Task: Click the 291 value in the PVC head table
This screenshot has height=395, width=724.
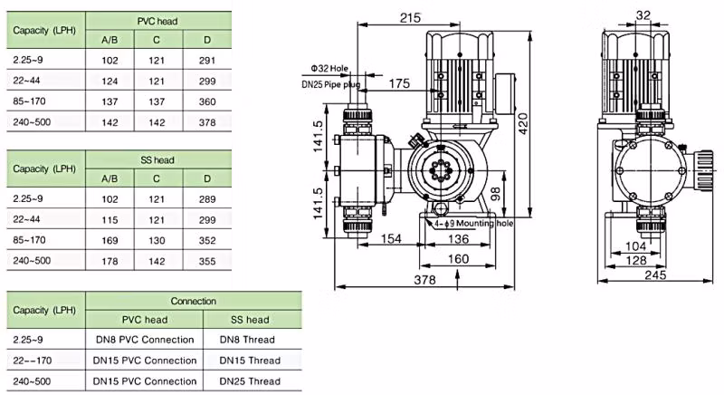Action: [x=207, y=59]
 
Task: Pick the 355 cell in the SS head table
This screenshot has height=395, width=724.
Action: [x=207, y=261]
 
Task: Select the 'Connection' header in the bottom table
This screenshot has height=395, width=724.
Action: [x=193, y=301]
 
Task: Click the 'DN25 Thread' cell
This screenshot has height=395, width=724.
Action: [x=250, y=381]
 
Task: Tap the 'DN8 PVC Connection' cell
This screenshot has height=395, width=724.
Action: [x=144, y=340]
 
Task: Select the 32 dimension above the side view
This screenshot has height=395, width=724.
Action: [x=643, y=14]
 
